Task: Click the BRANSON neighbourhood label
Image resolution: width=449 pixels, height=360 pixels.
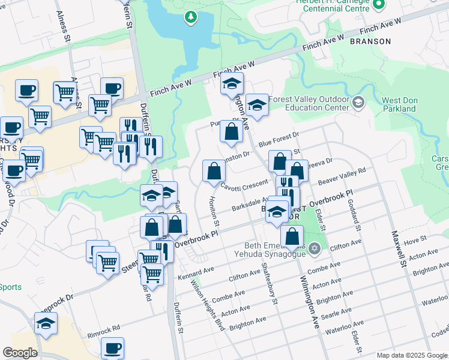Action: pyautogui.click(x=370, y=42)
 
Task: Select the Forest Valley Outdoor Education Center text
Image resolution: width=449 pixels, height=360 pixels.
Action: pyautogui.click(x=309, y=103)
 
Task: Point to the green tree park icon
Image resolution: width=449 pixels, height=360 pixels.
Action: pyautogui.click(x=191, y=17)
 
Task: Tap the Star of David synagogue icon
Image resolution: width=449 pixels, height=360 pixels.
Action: pyautogui.click(x=312, y=247)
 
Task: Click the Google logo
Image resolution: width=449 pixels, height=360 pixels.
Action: pyautogui.click(x=20, y=353)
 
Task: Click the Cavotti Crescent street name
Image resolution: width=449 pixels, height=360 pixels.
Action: pyautogui.click(x=244, y=186)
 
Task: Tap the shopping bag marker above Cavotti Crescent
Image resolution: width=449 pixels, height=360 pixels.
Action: pyautogui.click(x=214, y=172)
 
